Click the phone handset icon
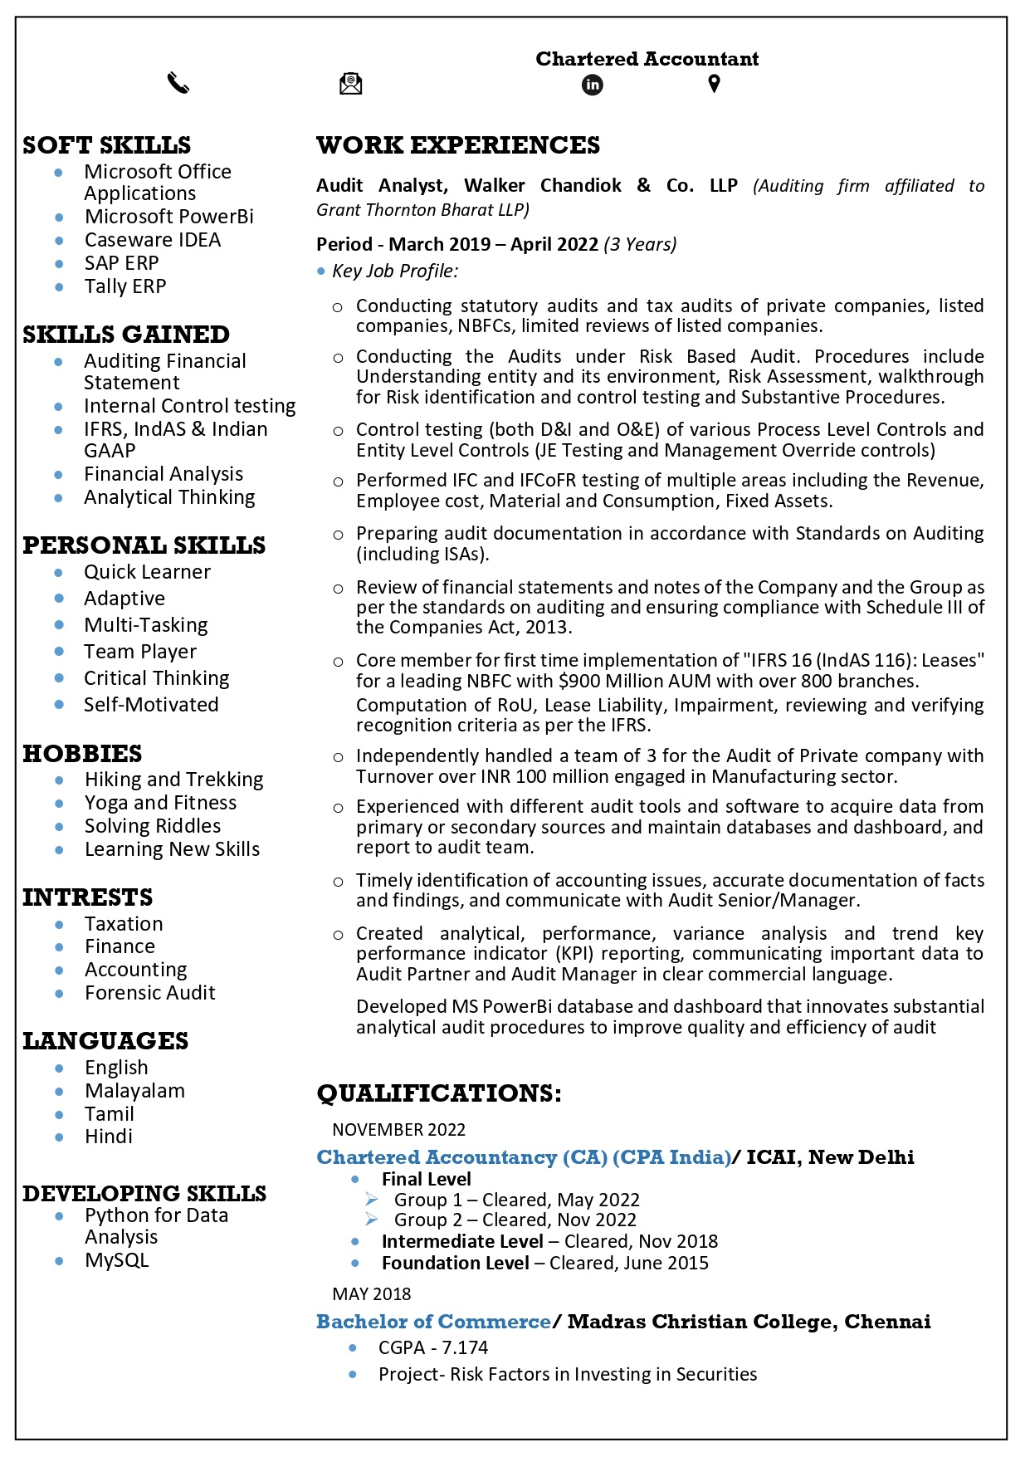tap(178, 84)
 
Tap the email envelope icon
tap(351, 84)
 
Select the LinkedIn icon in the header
tap(593, 85)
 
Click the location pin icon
tap(714, 84)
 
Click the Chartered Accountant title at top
tap(647, 59)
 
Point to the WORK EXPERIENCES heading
tap(458, 145)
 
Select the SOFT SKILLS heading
tap(107, 145)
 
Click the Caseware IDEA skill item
tap(153, 240)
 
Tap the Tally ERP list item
tap(125, 286)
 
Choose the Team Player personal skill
tap(140, 652)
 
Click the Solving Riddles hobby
tap(153, 826)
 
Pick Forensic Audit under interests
tap(150, 993)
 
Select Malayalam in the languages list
tap(135, 1091)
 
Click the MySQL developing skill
tap(117, 1260)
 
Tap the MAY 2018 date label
tap(372, 1294)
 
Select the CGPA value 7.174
tap(465, 1347)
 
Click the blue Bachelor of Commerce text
tap(433, 1322)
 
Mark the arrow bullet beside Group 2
tap(372, 1220)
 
